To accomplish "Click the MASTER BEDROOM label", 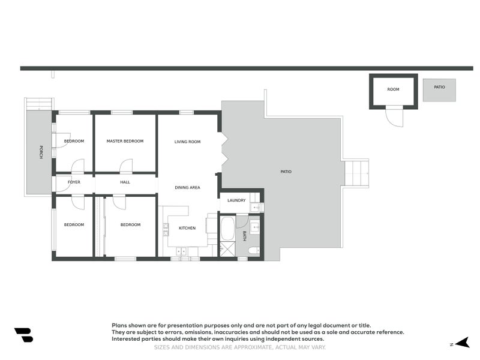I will coord(125,141).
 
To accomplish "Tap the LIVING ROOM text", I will coord(187,142).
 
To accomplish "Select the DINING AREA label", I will coord(187,188).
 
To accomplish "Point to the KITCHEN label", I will coord(187,228).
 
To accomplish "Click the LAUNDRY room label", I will coord(236,200).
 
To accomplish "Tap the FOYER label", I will coord(74,182).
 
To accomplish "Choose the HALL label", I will coord(125,182).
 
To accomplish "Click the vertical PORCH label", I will coord(41,152).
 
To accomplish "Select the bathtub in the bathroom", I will coord(227,229).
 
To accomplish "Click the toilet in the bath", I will coord(254,250).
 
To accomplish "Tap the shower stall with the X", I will coord(227,250).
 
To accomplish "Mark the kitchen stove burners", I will coord(166,229).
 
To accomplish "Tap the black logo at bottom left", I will coord(23,335).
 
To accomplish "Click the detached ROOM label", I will coord(393,89).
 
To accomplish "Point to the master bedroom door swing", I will coord(126,166).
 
